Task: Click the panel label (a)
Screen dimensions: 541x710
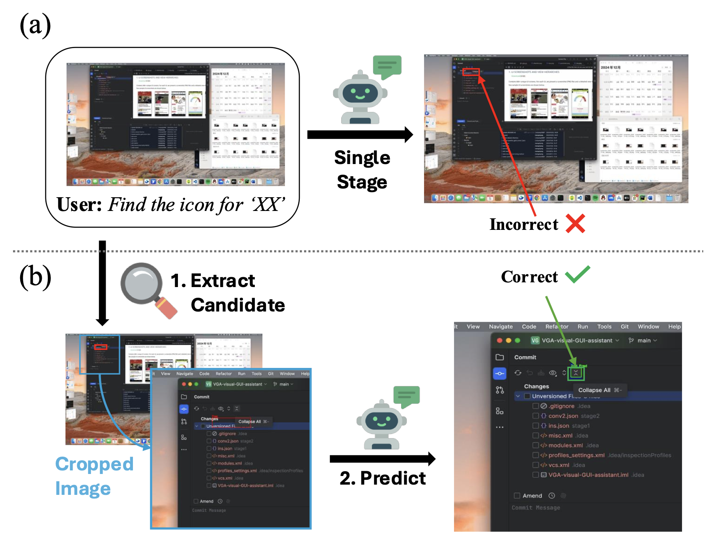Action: tap(35, 25)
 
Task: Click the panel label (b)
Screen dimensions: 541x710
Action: tap(35, 277)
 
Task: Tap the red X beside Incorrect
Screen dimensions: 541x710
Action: tap(575, 224)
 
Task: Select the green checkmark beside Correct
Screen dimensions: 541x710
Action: tap(577, 275)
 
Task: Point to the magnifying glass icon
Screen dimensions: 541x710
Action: tap(148, 290)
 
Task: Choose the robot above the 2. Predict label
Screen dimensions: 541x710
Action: tap(381, 424)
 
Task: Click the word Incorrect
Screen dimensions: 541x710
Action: tap(523, 224)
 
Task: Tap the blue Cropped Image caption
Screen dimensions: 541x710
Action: tap(94, 476)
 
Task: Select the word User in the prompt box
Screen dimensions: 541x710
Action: tap(79, 205)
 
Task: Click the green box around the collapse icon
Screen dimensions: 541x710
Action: tap(575, 373)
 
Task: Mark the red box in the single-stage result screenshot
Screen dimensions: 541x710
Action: tap(471, 72)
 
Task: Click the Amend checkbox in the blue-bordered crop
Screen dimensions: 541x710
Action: tap(196, 501)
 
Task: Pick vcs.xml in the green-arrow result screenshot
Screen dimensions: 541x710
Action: tap(559, 465)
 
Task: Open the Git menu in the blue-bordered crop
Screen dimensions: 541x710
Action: tap(271, 374)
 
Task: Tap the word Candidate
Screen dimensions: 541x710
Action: tap(237, 305)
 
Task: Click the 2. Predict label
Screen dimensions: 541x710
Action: tap(383, 478)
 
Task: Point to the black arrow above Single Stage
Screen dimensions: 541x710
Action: tap(360, 135)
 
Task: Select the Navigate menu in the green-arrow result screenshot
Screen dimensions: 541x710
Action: tap(501, 326)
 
